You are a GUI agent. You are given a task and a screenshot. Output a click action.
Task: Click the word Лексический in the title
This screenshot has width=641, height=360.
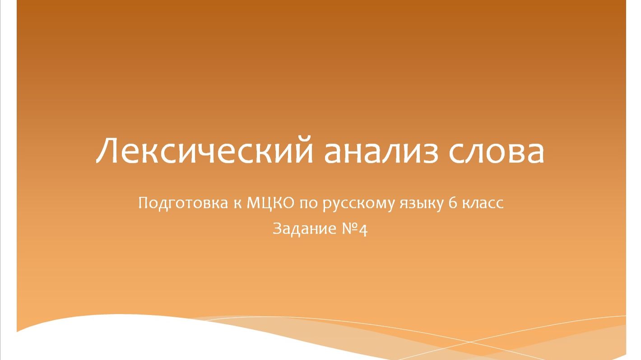pos(204,151)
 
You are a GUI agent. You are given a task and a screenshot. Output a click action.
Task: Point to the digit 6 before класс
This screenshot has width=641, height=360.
pos(453,203)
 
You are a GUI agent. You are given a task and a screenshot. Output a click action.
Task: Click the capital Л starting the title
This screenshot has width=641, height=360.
pos(108,151)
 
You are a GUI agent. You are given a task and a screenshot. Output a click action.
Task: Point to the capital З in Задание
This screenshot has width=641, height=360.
pos(278,229)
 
